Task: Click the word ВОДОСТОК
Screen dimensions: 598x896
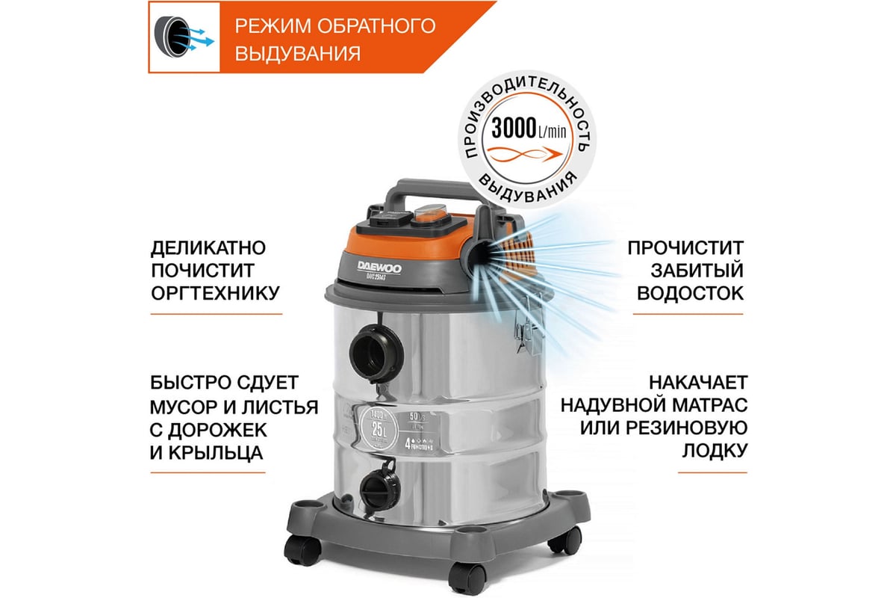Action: (x=690, y=292)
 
